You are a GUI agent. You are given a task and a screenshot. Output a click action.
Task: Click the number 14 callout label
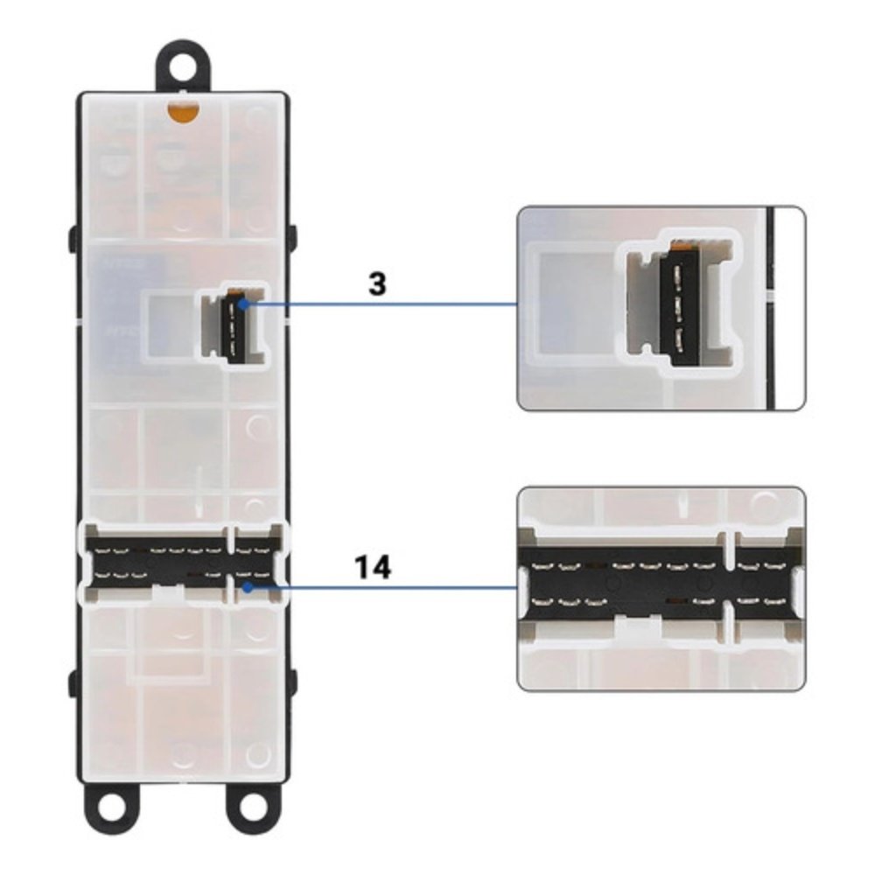374,568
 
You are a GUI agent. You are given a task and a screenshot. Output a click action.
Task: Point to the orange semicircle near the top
183,112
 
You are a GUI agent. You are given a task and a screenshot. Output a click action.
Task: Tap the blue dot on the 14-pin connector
248,587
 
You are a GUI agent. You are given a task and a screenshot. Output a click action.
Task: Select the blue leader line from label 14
384,587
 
